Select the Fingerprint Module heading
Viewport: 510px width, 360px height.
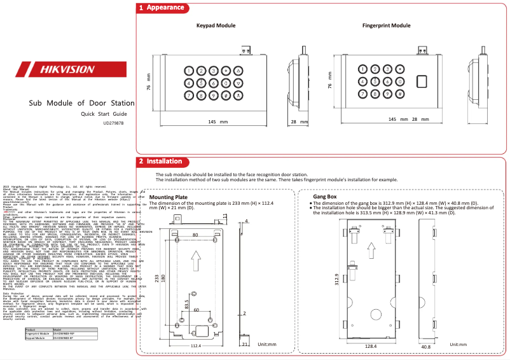pyautogui.click(x=386, y=25)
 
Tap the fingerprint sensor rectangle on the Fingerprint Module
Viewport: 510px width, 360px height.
pyautogui.click(x=421, y=82)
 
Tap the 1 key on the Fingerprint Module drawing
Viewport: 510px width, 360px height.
pyautogui.click(x=363, y=70)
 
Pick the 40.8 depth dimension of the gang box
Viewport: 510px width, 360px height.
pyautogui.click(x=426, y=347)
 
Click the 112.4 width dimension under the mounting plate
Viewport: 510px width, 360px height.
pyautogui.click(x=195, y=345)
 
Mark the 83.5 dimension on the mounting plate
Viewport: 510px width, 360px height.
pyautogui.click(x=186, y=304)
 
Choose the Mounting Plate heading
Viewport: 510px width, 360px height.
pyautogui.click(x=168, y=197)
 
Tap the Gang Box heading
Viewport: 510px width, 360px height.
pyautogui.click(x=324, y=197)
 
